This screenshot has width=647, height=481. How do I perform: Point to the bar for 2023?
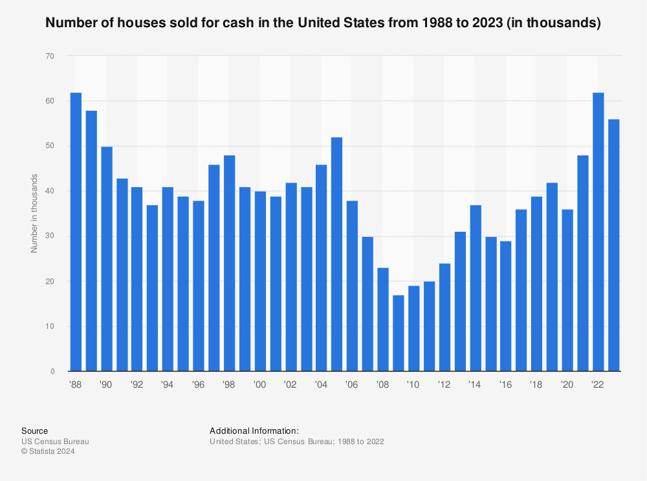point(613,245)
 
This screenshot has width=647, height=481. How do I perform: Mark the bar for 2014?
point(476,288)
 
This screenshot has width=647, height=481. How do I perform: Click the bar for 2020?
point(567,291)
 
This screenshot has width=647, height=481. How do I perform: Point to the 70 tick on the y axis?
point(50,56)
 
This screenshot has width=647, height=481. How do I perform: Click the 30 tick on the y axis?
point(50,236)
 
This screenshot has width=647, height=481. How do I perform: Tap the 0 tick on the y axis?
point(52,372)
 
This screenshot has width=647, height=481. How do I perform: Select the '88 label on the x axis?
point(76,385)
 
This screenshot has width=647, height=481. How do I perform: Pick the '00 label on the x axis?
point(260,385)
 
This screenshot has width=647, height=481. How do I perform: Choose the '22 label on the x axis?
point(598,385)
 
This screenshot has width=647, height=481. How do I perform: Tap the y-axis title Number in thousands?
point(35,214)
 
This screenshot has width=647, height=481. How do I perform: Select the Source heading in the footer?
point(34,431)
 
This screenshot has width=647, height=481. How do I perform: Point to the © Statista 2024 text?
point(48,452)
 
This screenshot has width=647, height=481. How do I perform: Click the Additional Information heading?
point(254,431)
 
